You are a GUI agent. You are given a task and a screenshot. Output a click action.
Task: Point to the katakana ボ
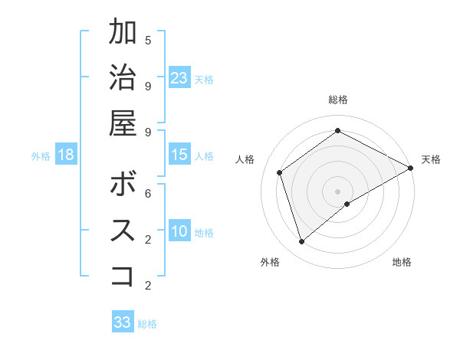click(123, 185)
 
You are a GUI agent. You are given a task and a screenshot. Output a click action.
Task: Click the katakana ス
click(123, 230)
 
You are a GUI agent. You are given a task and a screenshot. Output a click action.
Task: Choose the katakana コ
click(123, 274)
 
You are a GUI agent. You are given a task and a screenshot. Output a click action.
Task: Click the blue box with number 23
click(179, 77)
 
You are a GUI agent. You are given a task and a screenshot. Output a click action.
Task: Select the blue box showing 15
click(179, 155)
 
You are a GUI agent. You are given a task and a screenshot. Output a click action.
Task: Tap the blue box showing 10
click(179, 231)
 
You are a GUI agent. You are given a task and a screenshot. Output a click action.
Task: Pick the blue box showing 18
click(66, 155)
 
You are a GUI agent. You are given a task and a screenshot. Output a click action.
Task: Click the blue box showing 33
click(123, 322)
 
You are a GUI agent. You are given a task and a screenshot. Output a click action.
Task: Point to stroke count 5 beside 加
click(148, 40)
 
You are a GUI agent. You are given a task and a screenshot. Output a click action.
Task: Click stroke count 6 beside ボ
click(148, 193)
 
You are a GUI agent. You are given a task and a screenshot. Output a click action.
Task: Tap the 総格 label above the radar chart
click(338, 100)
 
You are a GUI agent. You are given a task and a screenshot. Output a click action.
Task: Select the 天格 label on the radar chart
click(431, 159)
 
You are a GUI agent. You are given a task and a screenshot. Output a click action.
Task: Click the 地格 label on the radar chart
click(402, 262)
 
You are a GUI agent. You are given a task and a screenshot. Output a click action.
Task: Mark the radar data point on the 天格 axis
click(411, 167)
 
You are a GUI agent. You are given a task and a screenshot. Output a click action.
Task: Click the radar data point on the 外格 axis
click(302, 242)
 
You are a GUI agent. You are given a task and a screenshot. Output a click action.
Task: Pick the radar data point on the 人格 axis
click(280, 172)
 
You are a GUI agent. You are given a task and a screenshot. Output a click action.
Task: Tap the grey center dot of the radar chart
click(338, 190)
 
